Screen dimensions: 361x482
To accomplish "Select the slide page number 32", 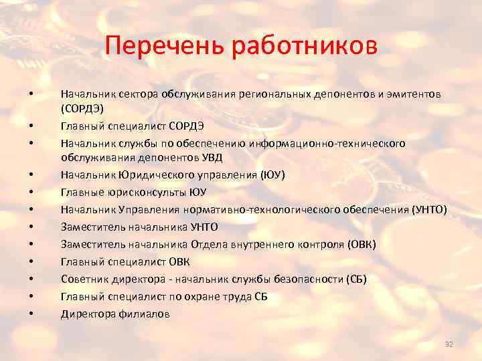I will tap(449, 344).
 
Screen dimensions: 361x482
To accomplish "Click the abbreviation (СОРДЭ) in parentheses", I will tap(82, 108).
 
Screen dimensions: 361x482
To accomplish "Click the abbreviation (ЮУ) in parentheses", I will tap(273, 175).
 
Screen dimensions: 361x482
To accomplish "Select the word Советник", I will tap(84, 279).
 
